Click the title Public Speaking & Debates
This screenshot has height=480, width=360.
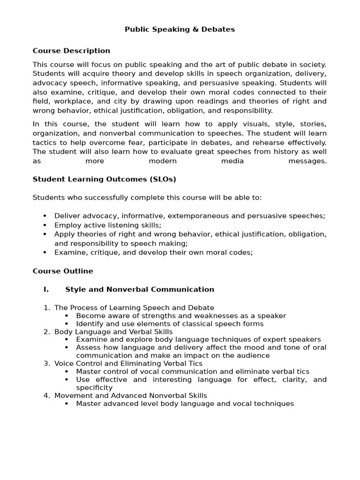(x=180, y=30)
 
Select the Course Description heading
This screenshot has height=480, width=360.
(x=71, y=51)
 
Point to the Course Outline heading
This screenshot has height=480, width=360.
(x=63, y=271)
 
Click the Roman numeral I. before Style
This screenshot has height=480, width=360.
(x=46, y=289)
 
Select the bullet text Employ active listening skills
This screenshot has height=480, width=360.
(x=107, y=225)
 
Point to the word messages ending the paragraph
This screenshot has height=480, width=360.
(x=307, y=161)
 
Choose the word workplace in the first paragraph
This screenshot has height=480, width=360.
(x=70, y=101)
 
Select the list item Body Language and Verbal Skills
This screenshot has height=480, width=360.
(x=113, y=331)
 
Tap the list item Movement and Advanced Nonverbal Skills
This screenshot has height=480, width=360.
(x=130, y=395)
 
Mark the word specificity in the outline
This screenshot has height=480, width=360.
(x=94, y=387)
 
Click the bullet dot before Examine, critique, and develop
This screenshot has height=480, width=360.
(x=45, y=252)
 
